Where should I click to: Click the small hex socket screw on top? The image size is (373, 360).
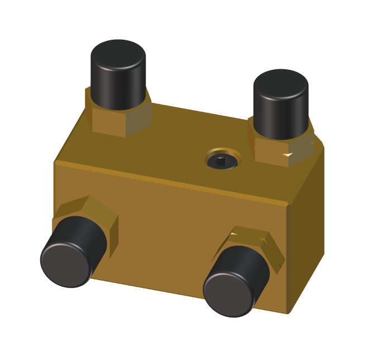[x=222, y=162]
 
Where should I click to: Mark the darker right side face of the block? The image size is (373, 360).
[x=307, y=235]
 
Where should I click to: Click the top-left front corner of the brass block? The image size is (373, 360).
[x=55, y=163]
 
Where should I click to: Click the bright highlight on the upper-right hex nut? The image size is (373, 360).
[x=288, y=153]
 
